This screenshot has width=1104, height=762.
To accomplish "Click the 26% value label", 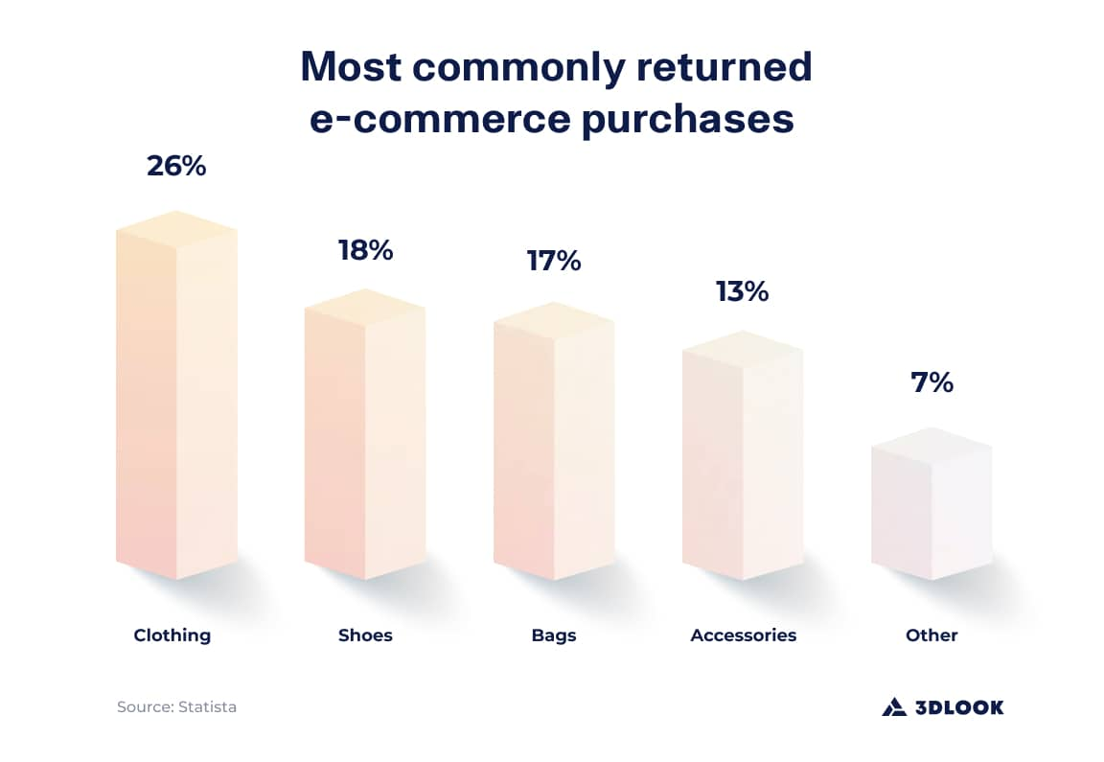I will [x=176, y=166].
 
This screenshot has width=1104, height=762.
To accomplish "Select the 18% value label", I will [x=365, y=251].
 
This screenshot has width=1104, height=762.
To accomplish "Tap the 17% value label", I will [x=554, y=261].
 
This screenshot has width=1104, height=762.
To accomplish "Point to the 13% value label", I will [x=743, y=291].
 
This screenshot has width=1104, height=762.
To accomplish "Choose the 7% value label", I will [x=931, y=382].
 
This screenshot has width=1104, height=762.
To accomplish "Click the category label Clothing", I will [x=172, y=635].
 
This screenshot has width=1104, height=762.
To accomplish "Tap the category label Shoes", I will [x=365, y=635].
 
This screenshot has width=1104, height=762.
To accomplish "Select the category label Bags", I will [x=554, y=635].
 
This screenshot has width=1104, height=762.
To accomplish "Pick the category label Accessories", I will [x=744, y=635].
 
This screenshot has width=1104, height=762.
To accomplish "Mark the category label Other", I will [x=931, y=635].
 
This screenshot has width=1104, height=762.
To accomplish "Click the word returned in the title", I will [x=710, y=66].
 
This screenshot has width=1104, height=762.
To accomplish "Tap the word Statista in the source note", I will [x=206, y=707].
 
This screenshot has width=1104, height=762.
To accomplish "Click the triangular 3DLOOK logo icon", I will [x=893, y=707].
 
